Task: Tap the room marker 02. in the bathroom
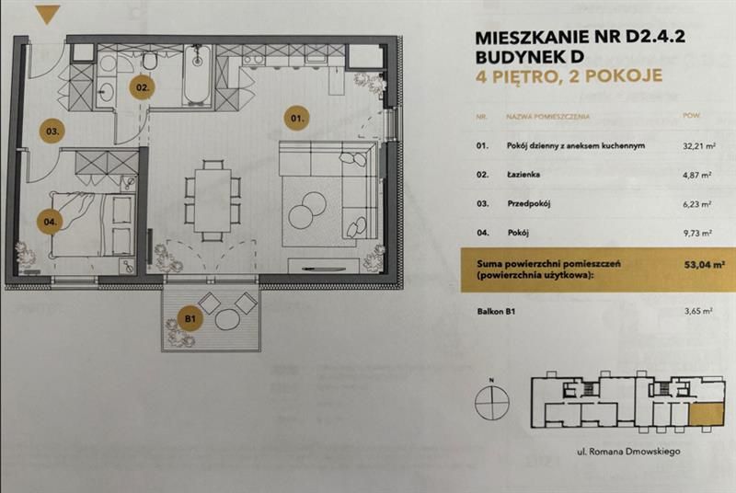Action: pyautogui.click(x=143, y=88)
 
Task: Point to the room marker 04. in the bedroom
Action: pyautogui.click(x=50, y=221)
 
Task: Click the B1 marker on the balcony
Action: pyautogui.click(x=191, y=319)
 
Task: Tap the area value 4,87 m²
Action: pyautogui.click(x=698, y=174)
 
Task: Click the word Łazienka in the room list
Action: pyautogui.click(x=525, y=174)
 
